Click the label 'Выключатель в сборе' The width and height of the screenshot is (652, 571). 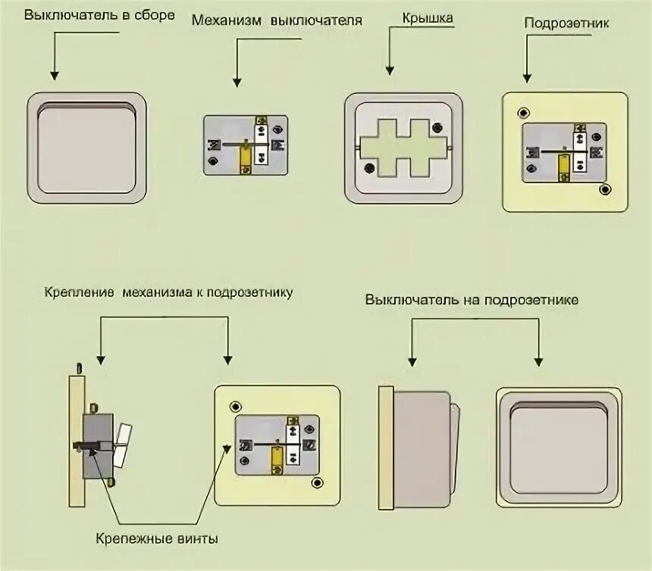[99, 15]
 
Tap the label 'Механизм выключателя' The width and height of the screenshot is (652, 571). [276, 21]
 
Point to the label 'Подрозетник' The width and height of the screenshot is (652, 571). [566, 23]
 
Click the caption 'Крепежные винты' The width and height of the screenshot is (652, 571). [158, 539]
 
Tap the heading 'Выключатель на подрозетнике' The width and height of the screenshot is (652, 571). [472, 300]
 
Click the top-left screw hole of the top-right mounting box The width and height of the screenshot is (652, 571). [523, 114]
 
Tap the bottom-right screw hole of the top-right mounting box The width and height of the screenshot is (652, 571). [604, 189]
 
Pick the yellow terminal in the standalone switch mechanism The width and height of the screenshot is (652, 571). [246, 159]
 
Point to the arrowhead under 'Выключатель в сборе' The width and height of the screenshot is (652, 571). [55, 74]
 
